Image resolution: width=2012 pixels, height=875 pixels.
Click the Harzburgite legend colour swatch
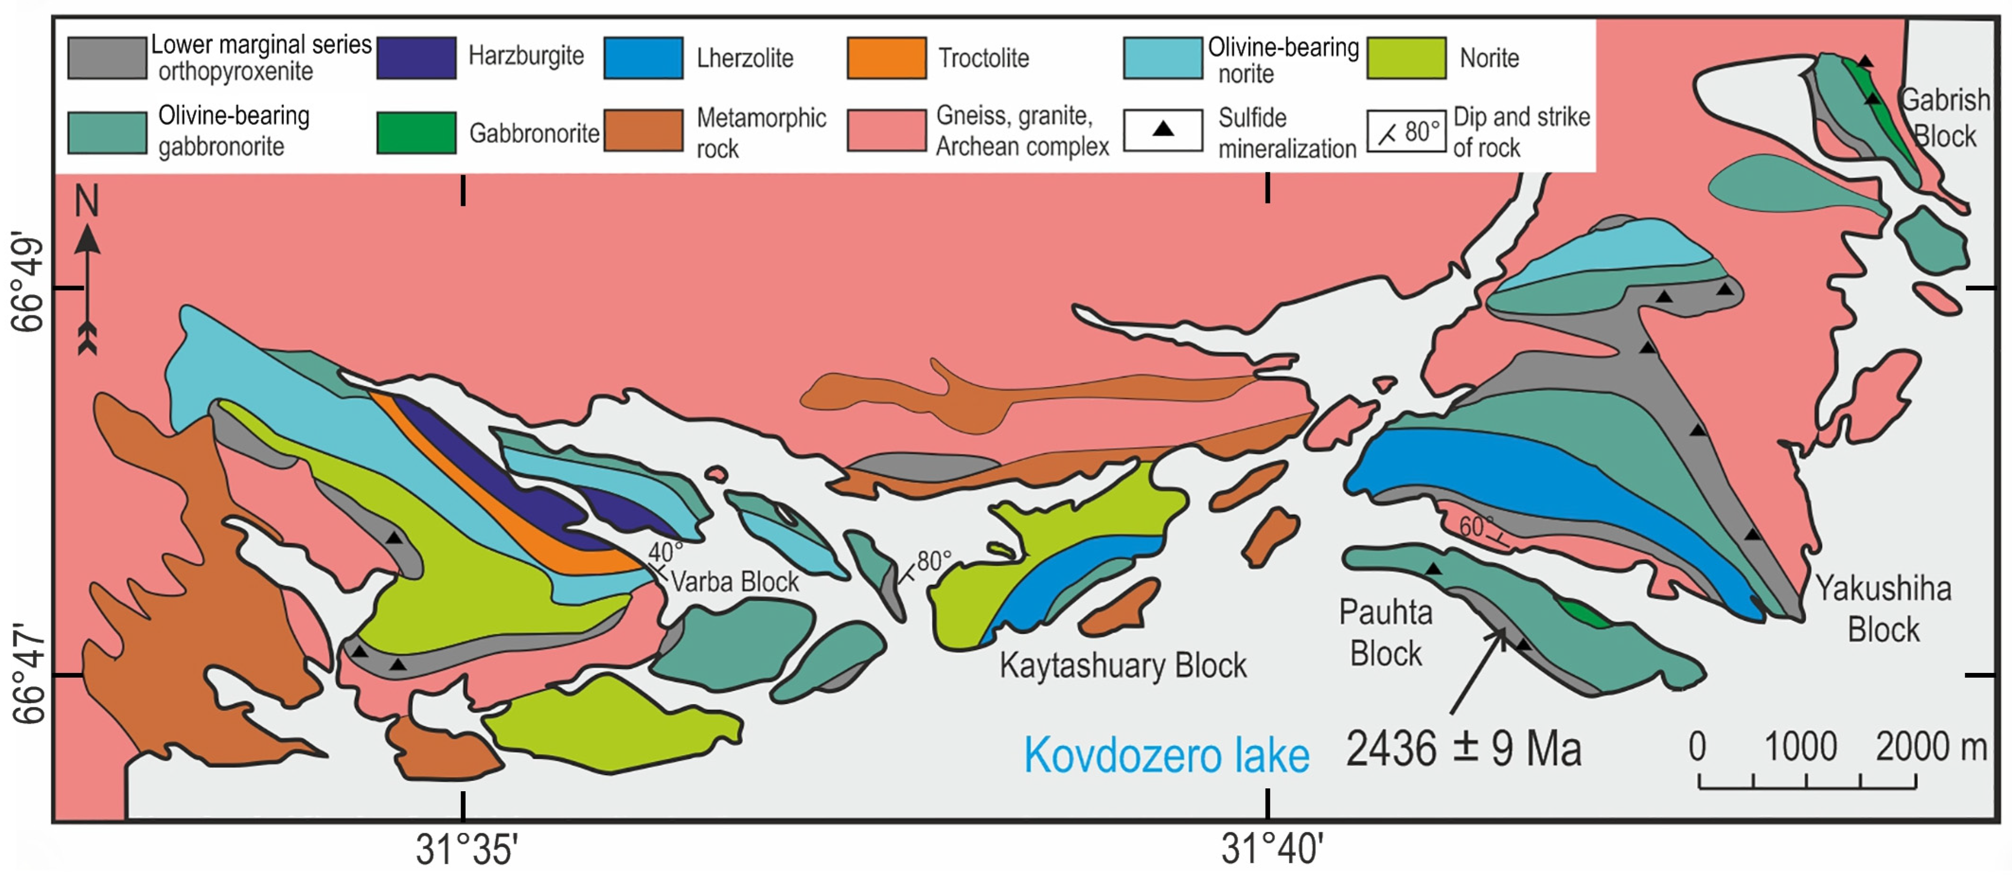(417, 58)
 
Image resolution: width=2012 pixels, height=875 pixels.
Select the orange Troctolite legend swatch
(886, 58)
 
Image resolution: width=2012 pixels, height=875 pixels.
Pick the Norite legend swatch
(1406, 58)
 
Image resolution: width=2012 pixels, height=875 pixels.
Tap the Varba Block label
(734, 582)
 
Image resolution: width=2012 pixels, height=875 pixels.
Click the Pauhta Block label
(1386, 633)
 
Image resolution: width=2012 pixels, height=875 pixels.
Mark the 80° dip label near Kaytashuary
(934, 560)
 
